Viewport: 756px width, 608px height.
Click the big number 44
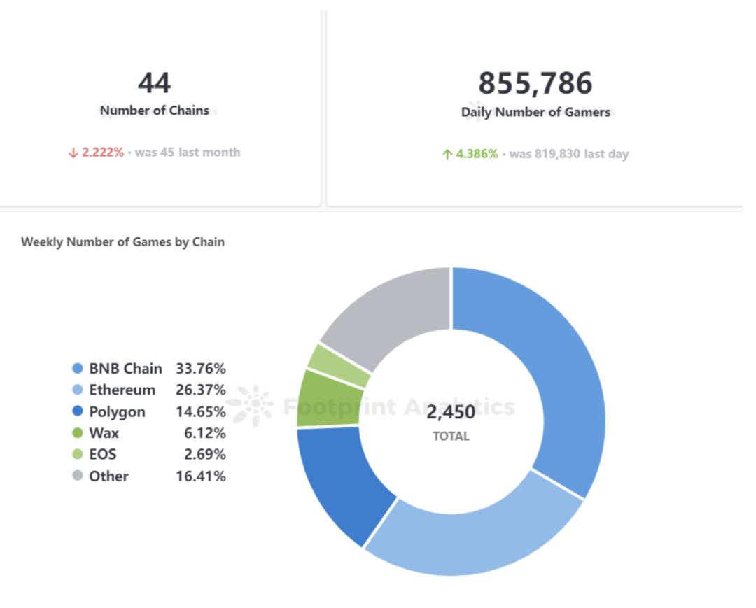click(x=154, y=83)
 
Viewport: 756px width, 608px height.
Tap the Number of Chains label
click(x=154, y=111)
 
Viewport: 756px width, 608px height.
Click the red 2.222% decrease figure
click(x=102, y=153)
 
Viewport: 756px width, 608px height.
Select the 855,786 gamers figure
click(x=535, y=83)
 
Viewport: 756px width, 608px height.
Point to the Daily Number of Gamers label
click(x=535, y=112)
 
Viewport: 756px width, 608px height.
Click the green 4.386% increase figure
click(x=477, y=154)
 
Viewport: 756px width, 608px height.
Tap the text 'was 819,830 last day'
click(x=569, y=154)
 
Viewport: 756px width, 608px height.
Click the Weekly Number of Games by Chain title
click(x=122, y=242)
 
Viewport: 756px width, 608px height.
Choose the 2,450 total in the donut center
click(x=451, y=413)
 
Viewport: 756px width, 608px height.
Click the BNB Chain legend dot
click(x=78, y=368)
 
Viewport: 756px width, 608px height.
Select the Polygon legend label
click(x=117, y=411)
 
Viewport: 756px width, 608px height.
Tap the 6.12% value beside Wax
click(x=205, y=433)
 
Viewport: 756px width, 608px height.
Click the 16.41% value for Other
click(x=201, y=476)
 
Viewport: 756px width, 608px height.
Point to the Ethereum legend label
click(x=122, y=390)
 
